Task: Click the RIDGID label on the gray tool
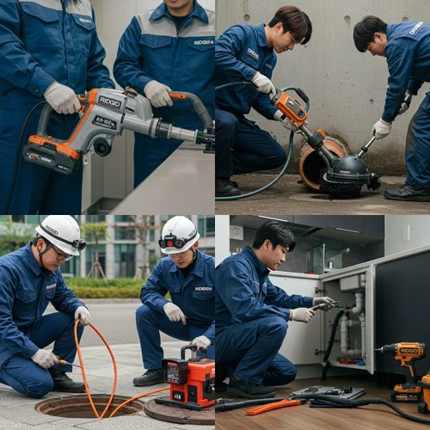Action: tap(110, 101)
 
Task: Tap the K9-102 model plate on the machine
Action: tap(106, 122)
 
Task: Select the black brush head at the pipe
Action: tap(348, 176)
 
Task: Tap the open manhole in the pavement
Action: tap(77, 405)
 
